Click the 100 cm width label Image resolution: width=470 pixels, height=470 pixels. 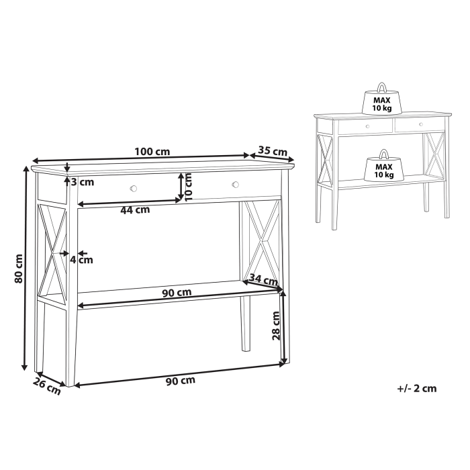152,151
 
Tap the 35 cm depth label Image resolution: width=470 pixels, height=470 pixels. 273,152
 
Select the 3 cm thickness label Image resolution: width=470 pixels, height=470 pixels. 83,182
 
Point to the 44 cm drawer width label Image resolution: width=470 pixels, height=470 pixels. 135,209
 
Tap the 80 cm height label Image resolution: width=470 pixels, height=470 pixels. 19,268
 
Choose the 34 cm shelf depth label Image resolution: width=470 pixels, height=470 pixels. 263,279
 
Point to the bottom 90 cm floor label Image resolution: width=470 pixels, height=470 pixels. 180,381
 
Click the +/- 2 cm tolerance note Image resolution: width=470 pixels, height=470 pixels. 416,387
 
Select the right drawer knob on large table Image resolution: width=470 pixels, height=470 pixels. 235,185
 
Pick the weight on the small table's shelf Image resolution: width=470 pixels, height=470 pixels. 383,167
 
